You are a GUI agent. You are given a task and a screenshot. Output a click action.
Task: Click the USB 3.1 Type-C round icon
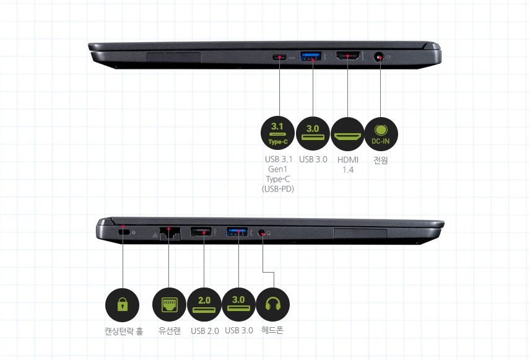[279, 133]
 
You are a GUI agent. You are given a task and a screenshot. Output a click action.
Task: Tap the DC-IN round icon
[381, 133]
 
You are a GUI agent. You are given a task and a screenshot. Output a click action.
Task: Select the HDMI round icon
[347, 133]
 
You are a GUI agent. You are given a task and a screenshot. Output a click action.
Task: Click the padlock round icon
[123, 304]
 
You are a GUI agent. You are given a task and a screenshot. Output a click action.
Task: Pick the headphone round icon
[272, 304]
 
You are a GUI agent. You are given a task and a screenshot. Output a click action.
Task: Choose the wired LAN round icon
[169, 304]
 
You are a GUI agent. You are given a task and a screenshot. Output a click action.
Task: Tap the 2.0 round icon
[204, 304]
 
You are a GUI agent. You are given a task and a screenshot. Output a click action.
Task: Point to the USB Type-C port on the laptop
[280, 58]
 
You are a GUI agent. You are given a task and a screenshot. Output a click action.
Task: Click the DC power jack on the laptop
[380, 58]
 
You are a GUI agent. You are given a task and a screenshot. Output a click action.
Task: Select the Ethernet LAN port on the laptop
[169, 233]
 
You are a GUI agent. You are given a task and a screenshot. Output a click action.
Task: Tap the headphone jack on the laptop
[263, 233]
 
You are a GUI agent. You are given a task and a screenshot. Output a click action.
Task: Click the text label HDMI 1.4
[347, 164]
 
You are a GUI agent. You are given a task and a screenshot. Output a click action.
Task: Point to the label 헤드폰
[272, 330]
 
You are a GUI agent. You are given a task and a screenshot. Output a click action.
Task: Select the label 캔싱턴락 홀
[123, 331]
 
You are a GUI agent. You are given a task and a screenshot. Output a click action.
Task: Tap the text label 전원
[381, 160]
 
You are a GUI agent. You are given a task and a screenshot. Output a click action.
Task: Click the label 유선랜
[169, 331]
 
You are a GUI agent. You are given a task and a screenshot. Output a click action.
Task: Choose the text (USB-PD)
[278, 188]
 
